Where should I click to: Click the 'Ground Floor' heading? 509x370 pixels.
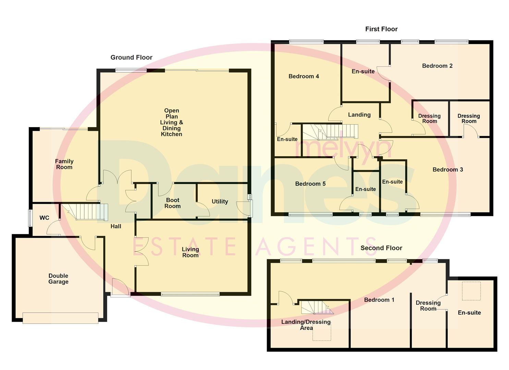point(131,58)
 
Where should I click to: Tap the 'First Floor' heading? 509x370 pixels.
point(381,29)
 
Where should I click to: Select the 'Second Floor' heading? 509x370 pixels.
point(381,248)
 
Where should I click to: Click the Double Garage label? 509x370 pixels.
point(58,279)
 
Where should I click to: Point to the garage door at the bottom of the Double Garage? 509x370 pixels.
point(60,318)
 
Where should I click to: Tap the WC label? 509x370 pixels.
point(44,218)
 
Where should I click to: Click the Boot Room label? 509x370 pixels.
point(172,203)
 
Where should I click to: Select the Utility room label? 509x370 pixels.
point(220,201)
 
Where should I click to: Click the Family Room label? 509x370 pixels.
point(64,164)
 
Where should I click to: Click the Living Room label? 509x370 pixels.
point(190,252)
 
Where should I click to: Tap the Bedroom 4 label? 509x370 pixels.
point(304,76)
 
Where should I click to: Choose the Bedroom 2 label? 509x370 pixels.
point(437,66)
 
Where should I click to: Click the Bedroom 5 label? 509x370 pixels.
point(310,184)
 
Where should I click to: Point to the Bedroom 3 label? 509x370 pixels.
point(448,170)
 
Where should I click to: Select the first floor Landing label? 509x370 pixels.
point(359,115)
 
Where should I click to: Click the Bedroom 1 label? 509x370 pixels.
point(379,300)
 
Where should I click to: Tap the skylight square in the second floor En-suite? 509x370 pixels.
point(471,291)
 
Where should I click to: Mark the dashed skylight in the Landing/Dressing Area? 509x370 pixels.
point(322,332)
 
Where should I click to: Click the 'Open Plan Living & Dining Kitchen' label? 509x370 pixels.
point(171,122)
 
